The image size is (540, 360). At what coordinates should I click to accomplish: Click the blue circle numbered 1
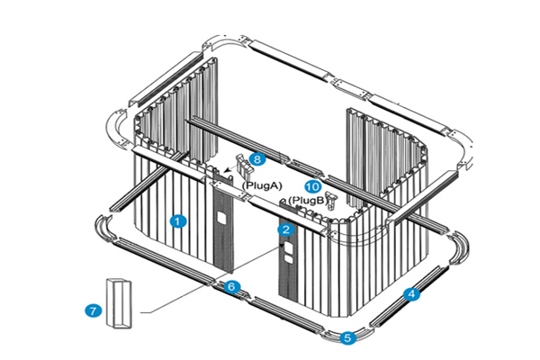178,220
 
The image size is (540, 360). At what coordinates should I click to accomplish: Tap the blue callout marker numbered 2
286,229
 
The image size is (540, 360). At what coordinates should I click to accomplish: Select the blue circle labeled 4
411,293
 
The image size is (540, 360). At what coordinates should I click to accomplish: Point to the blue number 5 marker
347,338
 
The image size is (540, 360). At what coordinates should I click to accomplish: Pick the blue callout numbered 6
232,287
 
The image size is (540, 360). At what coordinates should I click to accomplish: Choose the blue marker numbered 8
257,158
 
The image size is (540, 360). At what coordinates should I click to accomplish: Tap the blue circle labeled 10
313,187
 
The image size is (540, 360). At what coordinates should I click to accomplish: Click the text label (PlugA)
263,184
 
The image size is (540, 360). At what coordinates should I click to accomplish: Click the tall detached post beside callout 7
119,304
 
